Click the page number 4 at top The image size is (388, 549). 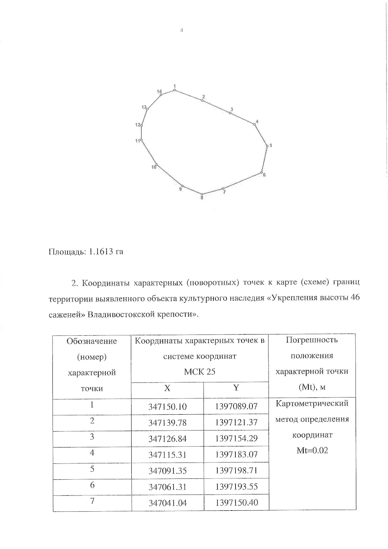coord(181,30)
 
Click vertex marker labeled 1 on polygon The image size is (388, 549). coord(175,90)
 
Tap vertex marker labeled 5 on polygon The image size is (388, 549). coord(267,146)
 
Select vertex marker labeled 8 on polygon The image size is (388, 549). coord(202,194)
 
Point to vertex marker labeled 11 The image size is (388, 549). coord(141,140)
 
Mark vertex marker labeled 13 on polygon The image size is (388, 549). coord(147,109)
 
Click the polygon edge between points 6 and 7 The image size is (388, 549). coord(242,180)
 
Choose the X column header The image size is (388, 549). coord(167,388)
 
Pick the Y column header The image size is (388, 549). coord(236,388)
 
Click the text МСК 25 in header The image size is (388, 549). coord(199,371)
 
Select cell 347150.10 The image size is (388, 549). coord(167,406)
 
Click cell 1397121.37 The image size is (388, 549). coord(236,422)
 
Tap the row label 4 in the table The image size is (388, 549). coord(92,453)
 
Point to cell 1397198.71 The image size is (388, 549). coord(236,470)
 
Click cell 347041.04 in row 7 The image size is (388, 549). coord(167,503)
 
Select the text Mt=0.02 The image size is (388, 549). coord(312,450)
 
